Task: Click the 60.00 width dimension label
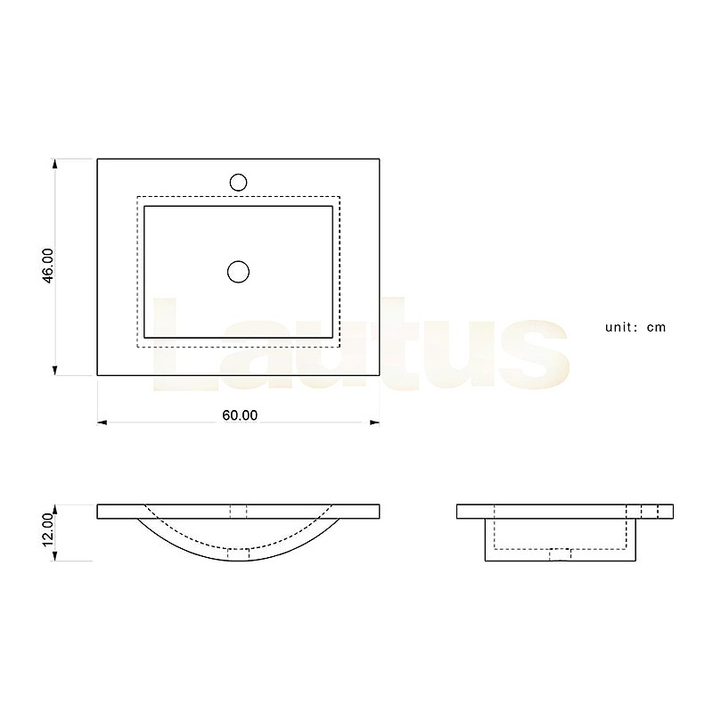tap(240, 415)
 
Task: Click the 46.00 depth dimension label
tap(48, 266)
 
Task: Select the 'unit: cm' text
tap(635, 327)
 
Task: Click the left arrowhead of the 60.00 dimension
tap(102, 422)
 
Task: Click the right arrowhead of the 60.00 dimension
tap(374, 422)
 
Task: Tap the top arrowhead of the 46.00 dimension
tap(55, 164)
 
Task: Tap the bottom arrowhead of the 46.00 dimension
tap(55, 370)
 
